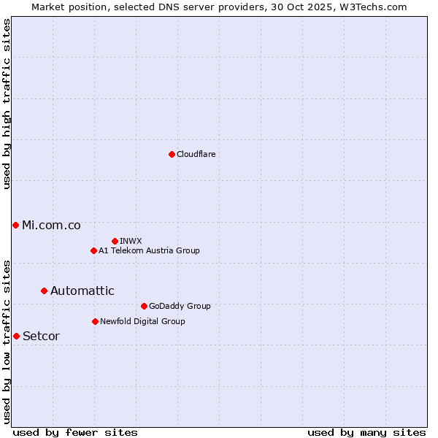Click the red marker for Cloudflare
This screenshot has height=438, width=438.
click(x=172, y=154)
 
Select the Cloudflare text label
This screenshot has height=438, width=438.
click(x=196, y=155)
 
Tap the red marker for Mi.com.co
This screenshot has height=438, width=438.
click(x=15, y=225)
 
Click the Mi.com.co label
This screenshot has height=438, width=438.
click(x=51, y=225)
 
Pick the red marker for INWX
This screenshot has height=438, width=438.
click(x=115, y=241)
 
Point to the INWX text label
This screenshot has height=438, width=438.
click(x=131, y=242)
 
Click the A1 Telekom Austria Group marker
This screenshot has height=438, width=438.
click(x=93, y=250)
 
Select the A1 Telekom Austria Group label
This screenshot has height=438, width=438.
click(x=149, y=251)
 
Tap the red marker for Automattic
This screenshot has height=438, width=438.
click(x=44, y=291)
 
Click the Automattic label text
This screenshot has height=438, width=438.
click(x=82, y=291)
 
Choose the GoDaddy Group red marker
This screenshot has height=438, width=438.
click(x=144, y=306)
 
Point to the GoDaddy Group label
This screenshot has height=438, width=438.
click(x=180, y=307)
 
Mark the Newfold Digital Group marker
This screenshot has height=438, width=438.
click(x=95, y=321)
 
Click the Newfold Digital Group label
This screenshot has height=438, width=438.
click(x=142, y=322)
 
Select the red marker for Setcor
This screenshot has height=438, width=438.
click(x=16, y=336)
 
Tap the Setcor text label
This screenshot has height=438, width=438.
click(x=41, y=336)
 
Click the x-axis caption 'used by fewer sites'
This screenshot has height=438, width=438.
click(x=75, y=432)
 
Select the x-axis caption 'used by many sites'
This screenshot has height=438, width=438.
click(x=366, y=432)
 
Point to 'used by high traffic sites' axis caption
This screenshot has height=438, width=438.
click(x=7, y=104)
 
